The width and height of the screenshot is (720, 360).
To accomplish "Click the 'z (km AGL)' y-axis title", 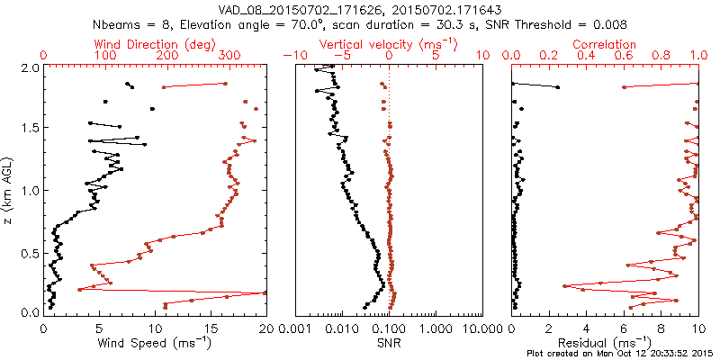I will [x=10, y=190].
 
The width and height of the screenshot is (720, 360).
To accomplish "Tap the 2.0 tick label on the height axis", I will [x=30, y=67].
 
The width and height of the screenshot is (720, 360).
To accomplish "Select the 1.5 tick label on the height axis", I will [x=30, y=129].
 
